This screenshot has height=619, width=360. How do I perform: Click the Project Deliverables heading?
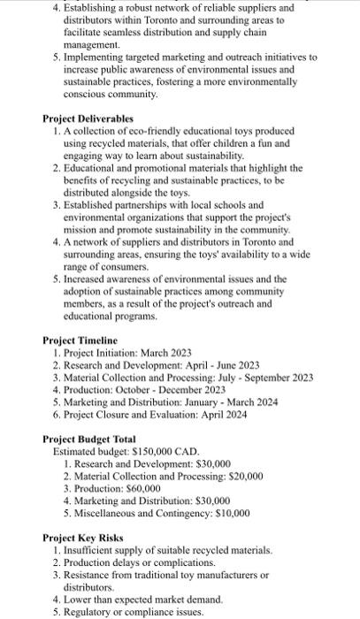click(88, 118)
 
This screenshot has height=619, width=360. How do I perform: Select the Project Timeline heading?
click(80, 340)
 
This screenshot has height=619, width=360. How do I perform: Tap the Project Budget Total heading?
click(89, 439)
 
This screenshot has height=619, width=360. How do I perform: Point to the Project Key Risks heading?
click(84, 537)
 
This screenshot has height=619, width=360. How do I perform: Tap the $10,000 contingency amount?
click(227, 512)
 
